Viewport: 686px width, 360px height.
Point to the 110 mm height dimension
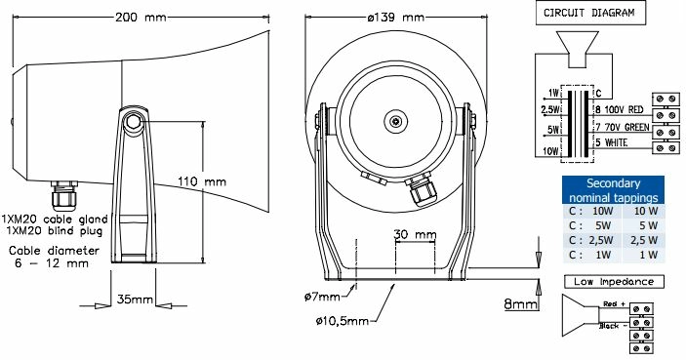(201, 181)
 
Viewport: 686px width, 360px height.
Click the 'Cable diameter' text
(54, 250)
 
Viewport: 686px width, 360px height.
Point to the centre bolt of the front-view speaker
(397, 122)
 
